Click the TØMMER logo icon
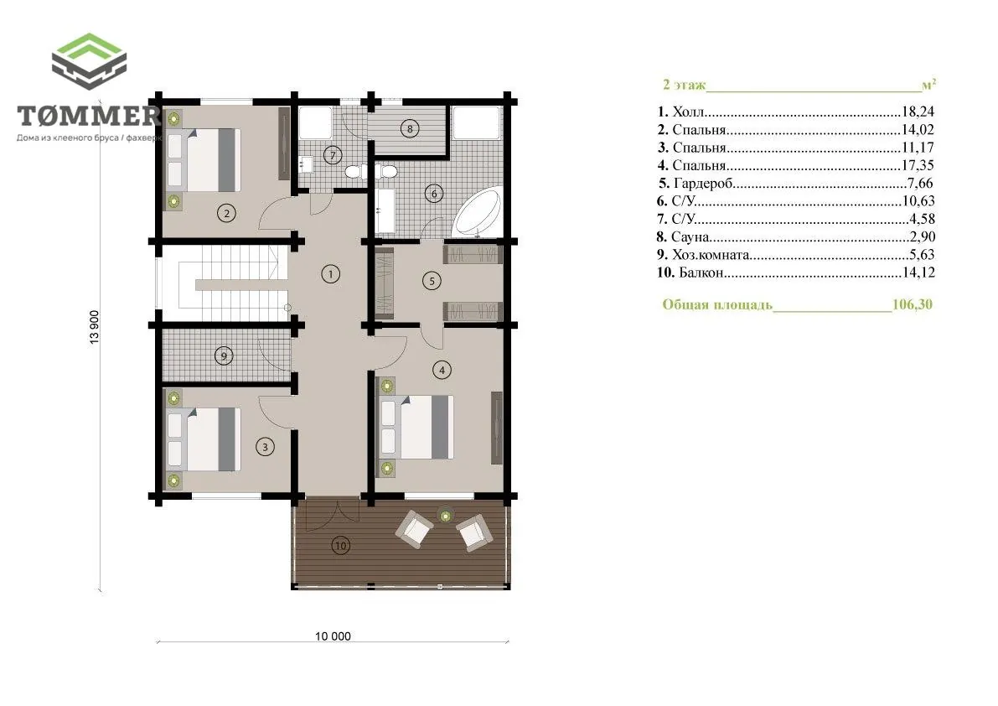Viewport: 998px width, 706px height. coord(89,61)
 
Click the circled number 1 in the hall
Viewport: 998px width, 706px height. coord(330,274)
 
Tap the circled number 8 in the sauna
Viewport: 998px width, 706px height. coord(410,128)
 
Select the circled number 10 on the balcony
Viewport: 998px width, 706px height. coord(340,546)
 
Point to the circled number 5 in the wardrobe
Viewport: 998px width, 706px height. coord(432,281)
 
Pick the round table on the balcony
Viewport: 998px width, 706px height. coord(446,514)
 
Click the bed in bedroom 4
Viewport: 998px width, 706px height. coord(417,427)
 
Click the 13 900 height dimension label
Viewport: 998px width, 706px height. coord(95,328)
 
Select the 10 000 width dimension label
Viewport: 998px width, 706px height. coord(333,636)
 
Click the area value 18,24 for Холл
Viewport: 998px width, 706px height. coord(918,112)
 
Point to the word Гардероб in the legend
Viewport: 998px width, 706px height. coord(703,184)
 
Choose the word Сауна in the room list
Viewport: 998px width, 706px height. coord(690,236)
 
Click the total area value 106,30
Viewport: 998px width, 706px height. coord(912,304)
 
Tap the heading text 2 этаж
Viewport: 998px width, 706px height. coord(685,85)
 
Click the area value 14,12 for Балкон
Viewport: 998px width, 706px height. coord(918,273)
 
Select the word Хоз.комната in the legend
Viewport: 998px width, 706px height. coord(711,255)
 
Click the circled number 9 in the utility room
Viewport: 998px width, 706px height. coord(224,356)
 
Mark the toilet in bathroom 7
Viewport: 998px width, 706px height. coord(354,170)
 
